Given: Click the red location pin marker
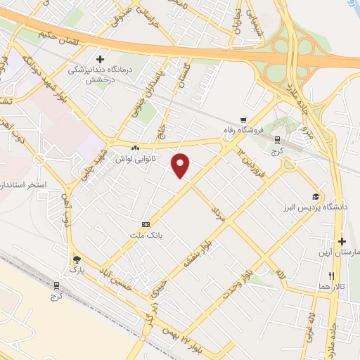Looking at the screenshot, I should point(182,165).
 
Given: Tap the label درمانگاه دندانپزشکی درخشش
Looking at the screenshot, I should point(101,75).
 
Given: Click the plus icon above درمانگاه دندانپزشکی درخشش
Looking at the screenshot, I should point(100,59).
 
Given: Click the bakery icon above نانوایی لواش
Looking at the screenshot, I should point(135,148).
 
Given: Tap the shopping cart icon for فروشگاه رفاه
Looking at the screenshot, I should point(243,119).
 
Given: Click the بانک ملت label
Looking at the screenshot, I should point(146,236).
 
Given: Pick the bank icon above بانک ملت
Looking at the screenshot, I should point(146,224).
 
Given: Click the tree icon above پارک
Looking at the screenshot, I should point(76,259).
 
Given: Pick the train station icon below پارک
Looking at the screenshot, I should point(56,285).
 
